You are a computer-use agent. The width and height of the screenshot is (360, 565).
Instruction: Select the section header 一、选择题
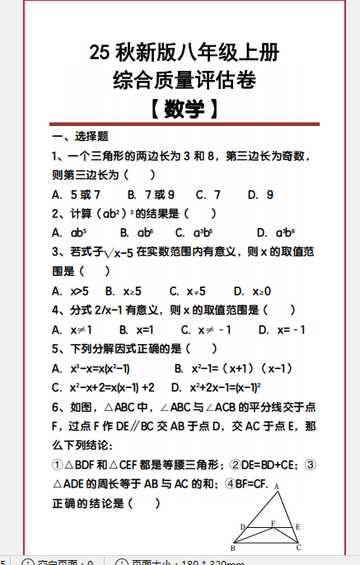[x=80, y=136]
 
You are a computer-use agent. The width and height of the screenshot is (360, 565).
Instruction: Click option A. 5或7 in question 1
[x=76, y=195]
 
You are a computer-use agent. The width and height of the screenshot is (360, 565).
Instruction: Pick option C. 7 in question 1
[x=208, y=195]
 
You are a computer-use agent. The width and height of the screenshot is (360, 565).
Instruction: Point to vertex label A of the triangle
[x=277, y=487]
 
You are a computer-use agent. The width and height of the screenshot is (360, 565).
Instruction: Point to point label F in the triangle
[x=273, y=523]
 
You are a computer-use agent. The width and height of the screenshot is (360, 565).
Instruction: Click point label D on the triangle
[x=242, y=527]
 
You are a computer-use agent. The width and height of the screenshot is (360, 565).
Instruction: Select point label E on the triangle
[x=297, y=526]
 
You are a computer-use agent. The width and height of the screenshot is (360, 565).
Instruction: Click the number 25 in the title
[x=99, y=54]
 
